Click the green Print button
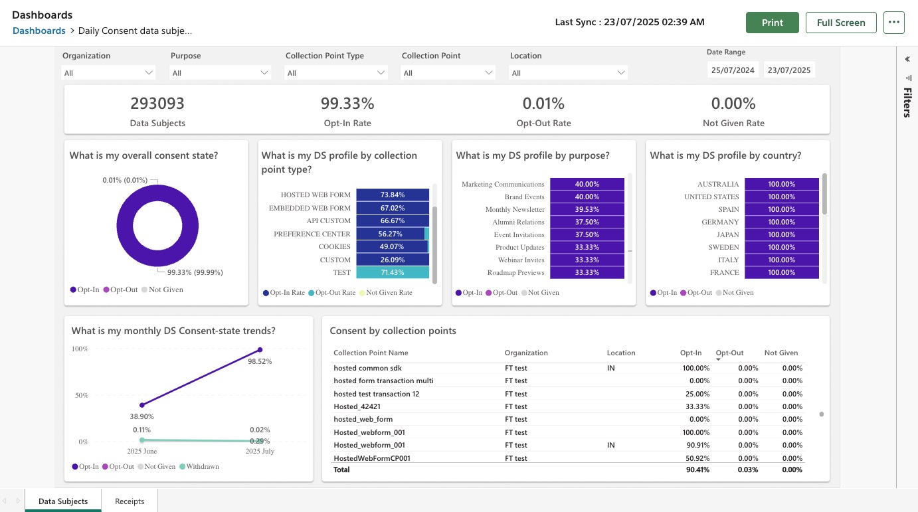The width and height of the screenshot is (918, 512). (772, 23)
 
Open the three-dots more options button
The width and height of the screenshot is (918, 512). (894, 22)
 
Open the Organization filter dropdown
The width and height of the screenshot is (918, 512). (108, 72)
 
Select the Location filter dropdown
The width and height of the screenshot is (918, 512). (569, 72)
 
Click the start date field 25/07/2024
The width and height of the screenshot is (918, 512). (733, 70)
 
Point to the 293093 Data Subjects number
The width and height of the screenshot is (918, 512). (157, 104)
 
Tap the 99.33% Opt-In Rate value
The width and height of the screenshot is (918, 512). (347, 104)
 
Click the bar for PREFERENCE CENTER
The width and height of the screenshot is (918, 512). (390, 234)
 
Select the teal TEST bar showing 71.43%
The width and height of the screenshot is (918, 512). (392, 272)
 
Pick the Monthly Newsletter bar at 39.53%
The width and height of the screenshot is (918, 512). (587, 209)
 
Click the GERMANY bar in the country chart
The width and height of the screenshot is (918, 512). (781, 222)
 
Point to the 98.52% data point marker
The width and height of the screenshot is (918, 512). (260, 350)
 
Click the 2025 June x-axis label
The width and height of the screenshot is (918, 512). (142, 451)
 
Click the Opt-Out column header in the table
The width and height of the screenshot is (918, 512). (729, 353)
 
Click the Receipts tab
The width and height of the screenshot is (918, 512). (130, 501)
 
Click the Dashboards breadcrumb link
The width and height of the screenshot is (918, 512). (39, 31)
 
